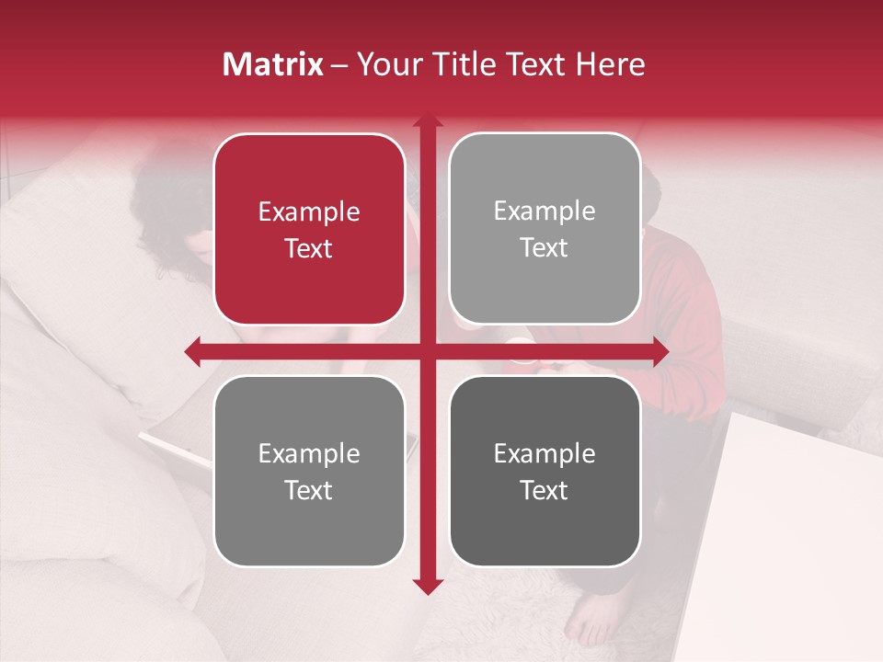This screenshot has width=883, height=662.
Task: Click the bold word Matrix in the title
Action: (273, 64)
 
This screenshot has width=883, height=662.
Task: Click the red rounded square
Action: (309, 229)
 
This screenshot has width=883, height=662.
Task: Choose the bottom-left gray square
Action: (309, 471)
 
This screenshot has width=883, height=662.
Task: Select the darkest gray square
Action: (545, 471)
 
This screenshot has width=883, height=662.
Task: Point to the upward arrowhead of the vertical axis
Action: (427, 121)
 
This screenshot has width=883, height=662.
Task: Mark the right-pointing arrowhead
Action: (659, 351)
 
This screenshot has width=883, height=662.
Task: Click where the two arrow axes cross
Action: (427, 351)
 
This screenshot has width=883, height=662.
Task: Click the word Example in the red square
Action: (309, 211)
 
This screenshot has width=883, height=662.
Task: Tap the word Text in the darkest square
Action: (545, 490)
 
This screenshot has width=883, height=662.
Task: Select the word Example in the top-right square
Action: (545, 211)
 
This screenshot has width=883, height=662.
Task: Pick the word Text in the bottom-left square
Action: (309, 490)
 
